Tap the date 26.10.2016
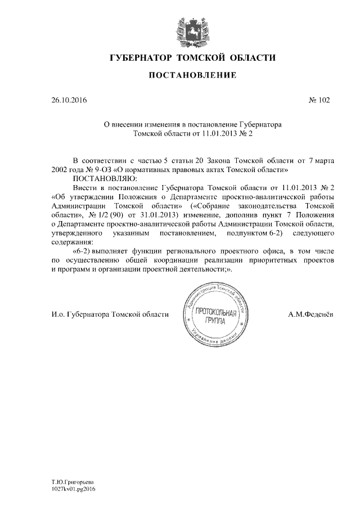tap(69, 101)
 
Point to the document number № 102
tap(319, 101)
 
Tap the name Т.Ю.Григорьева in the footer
tap(71, 481)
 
